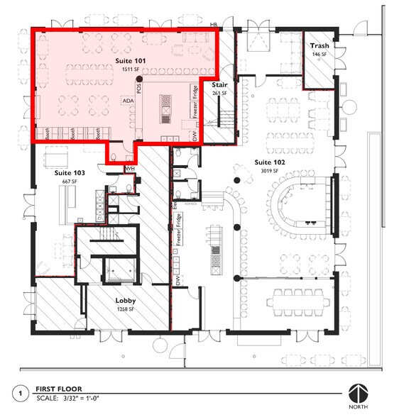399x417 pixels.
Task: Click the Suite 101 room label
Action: coord(131,62)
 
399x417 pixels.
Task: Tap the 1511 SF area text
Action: coord(131,71)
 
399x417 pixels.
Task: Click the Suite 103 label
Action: coord(70,173)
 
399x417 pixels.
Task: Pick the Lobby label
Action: coord(126,300)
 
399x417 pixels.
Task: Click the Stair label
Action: coord(219,84)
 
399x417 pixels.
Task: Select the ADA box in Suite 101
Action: coord(129,101)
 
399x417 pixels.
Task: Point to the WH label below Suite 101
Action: coord(130,169)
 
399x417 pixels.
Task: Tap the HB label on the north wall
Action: coord(212,26)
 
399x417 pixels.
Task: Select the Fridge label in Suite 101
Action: coord(194,92)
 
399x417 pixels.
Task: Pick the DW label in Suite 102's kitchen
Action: coord(177,282)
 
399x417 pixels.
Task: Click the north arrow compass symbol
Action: coord(356,393)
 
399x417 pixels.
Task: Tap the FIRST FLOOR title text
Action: coord(60,389)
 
